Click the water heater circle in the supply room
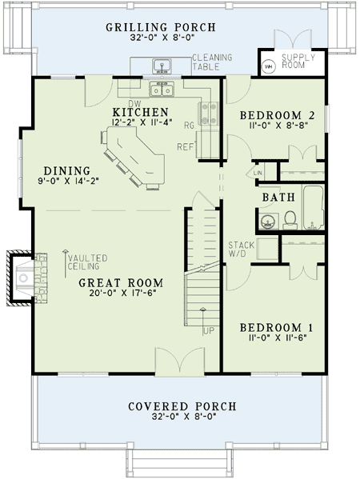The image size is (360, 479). click(x=268, y=66)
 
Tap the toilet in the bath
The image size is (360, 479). click(x=290, y=220)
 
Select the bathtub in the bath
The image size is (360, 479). click(x=313, y=207)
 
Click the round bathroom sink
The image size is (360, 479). click(x=269, y=222)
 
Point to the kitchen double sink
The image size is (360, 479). click(x=162, y=90)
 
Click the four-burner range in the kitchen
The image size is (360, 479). click(x=209, y=114)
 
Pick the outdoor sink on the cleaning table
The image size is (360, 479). click(x=162, y=66)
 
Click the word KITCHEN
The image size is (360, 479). click(x=140, y=112)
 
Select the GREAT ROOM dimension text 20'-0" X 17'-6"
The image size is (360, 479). click(x=123, y=293)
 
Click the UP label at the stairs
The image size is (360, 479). click(x=209, y=331)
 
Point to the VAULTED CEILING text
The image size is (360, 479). click(x=88, y=262)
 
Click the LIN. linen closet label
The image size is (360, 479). click(x=258, y=173)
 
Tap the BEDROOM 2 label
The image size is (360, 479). click(x=277, y=115)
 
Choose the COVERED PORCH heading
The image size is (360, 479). click(x=182, y=406)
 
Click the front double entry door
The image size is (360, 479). click(x=180, y=361)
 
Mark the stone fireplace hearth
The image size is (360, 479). click(x=40, y=277)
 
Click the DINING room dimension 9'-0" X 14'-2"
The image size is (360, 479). click(x=69, y=182)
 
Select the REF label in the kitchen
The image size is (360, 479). click(x=186, y=147)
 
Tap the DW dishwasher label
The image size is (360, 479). click(x=134, y=104)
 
